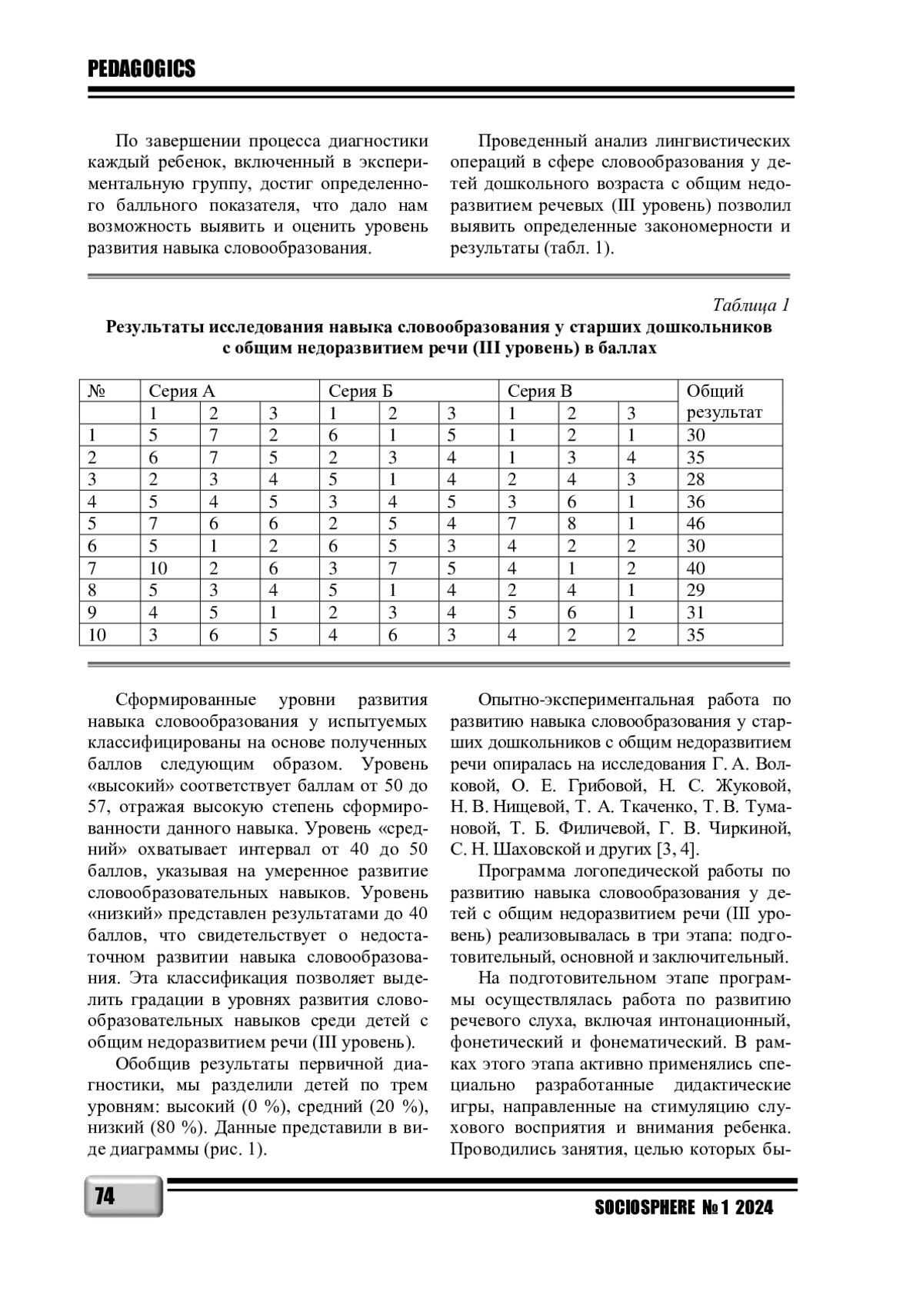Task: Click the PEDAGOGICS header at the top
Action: tap(142, 70)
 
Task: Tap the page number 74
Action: tap(105, 1197)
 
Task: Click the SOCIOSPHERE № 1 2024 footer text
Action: tap(684, 1208)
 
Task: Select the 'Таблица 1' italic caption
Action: tap(751, 305)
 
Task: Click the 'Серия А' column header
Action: tap(182, 391)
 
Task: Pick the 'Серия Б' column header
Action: tap(360, 391)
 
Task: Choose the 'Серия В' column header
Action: tap(539, 391)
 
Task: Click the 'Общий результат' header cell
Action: tap(724, 401)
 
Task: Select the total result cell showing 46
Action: tap(696, 524)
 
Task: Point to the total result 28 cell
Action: tap(696, 479)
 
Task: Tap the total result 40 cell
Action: tap(696, 568)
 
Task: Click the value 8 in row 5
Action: tap(571, 524)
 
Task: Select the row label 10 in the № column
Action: tap(97, 635)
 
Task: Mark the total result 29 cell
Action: tap(696, 591)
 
